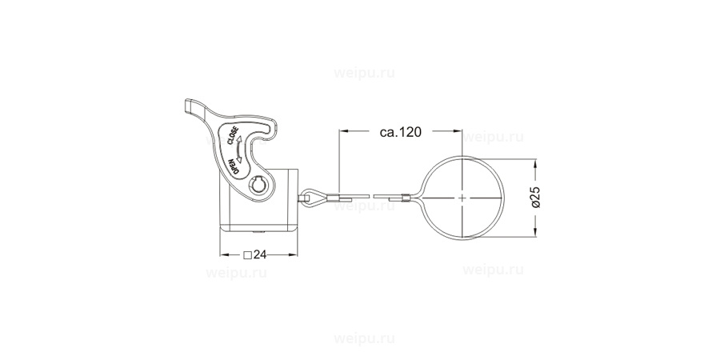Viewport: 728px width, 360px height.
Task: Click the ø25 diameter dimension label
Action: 535,197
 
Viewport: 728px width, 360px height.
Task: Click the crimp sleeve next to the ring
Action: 406,196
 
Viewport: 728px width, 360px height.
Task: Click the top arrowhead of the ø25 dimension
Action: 535,158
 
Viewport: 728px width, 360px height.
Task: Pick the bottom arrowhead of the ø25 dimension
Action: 535,234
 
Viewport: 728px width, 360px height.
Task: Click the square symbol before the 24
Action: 248,256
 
